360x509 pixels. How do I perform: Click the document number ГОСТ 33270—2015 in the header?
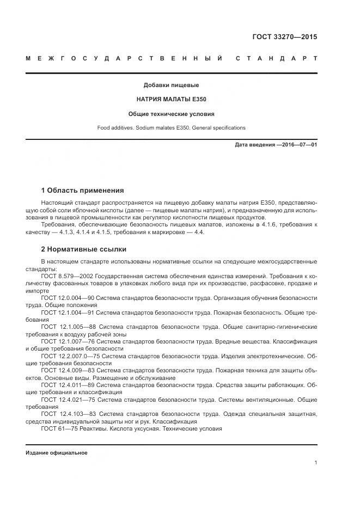(x=284, y=38)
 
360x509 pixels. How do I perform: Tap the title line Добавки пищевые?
(x=171, y=85)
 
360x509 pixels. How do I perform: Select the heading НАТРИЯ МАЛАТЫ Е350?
(x=171, y=100)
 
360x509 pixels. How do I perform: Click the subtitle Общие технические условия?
(x=171, y=114)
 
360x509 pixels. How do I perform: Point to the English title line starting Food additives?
(x=171, y=128)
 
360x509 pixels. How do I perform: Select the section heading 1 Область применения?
(x=82, y=191)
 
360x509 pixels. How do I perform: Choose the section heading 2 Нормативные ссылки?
(x=84, y=249)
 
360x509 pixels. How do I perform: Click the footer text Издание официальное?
(x=57, y=452)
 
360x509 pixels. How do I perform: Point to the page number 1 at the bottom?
(x=315, y=463)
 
